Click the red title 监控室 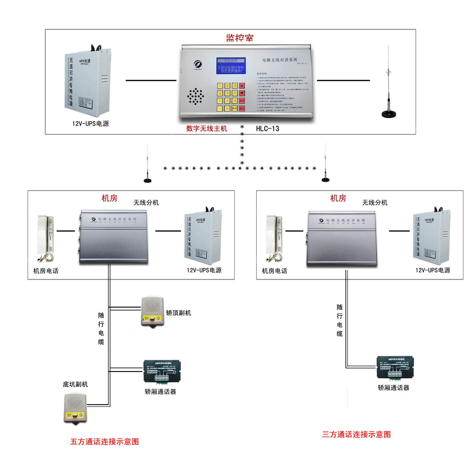tap(240, 38)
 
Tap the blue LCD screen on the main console tap(231, 66)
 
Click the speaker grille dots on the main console tap(196, 96)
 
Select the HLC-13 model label tap(268, 129)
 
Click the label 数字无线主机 tap(206, 129)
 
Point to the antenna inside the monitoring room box tap(389, 90)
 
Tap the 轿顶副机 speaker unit tap(153, 311)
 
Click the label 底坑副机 tap(75, 384)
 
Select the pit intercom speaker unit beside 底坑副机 tap(75, 409)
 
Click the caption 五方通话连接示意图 tap(104, 441)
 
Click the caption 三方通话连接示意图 tap(356, 434)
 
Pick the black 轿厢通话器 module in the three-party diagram tap(395, 368)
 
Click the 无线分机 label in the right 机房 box tap(375, 203)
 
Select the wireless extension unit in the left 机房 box tap(113, 237)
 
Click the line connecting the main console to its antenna tap(343, 80)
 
